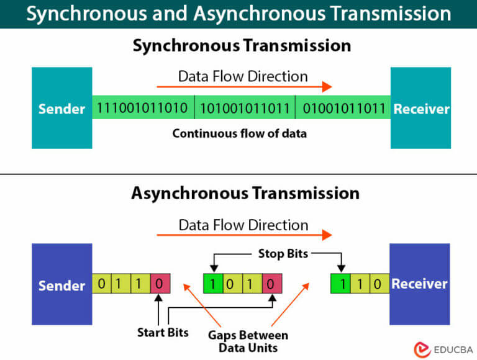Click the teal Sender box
[x=61, y=109]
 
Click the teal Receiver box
[x=421, y=109]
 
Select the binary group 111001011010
[x=142, y=109]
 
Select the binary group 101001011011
[x=244, y=109]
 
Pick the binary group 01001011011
[x=344, y=109]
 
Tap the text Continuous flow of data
[x=240, y=133]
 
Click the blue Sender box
[x=61, y=285]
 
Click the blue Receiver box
[x=419, y=284]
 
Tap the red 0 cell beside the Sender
[x=160, y=285]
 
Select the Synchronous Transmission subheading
[x=241, y=45]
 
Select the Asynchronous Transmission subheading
[x=245, y=192]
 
